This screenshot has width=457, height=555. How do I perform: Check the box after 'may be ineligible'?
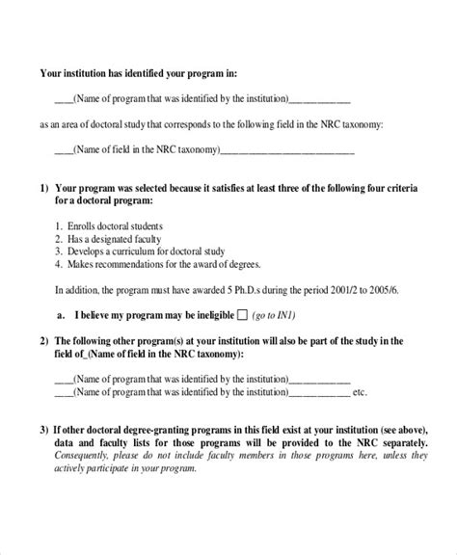tap(242, 315)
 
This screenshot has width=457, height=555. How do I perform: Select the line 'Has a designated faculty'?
tap(108, 238)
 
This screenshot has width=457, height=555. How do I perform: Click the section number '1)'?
tap(44, 189)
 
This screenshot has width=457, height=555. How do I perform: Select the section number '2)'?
tap(44, 341)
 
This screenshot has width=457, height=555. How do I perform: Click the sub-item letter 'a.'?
tap(62, 315)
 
